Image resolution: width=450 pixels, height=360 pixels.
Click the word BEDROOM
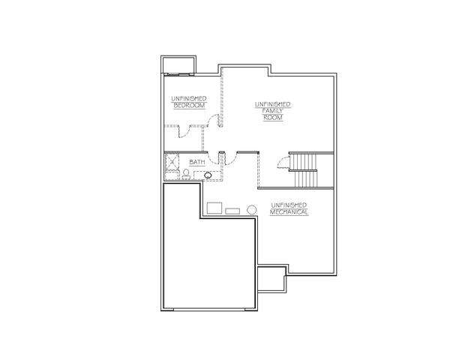tap(190, 105)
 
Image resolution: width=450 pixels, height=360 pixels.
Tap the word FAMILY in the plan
tap(273, 111)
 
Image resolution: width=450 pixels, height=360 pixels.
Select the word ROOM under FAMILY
tap(273, 118)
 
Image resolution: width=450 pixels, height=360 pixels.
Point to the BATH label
tap(197, 162)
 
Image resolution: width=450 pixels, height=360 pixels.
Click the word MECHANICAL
tap(289, 212)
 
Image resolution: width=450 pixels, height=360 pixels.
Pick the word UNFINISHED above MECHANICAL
tap(289, 205)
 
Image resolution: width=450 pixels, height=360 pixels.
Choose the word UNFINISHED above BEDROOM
tap(189, 98)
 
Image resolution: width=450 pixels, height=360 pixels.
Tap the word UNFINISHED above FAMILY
tap(273, 104)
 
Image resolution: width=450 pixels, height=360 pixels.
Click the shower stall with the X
tap(172, 162)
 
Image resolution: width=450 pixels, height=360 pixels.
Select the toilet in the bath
tap(186, 174)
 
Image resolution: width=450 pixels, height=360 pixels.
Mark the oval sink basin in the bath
tap(208, 175)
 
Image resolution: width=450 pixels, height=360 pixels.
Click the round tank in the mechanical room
tap(252, 209)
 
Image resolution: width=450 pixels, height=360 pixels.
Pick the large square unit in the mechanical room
tap(214, 208)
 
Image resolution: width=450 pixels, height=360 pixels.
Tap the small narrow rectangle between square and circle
tap(232, 211)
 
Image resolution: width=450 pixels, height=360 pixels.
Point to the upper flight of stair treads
tap(303, 162)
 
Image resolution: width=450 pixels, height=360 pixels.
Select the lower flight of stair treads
tap(306, 179)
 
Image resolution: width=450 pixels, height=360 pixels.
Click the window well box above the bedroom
tap(178, 65)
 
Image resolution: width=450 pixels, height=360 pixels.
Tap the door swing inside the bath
tap(213, 158)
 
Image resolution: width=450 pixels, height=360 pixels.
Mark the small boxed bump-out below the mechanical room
tap(272, 280)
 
